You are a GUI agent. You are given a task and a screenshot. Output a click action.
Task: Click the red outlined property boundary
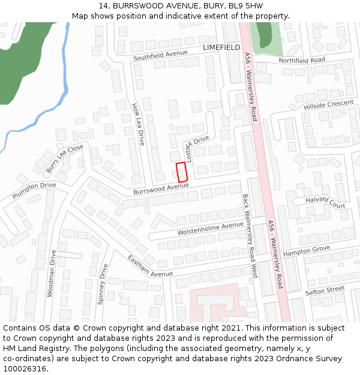[182, 172]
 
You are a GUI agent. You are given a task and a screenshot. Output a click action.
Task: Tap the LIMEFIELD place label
[221, 47]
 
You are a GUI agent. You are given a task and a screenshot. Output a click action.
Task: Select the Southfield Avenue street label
[160, 56]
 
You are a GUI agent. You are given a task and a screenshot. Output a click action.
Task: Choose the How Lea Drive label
[138, 124]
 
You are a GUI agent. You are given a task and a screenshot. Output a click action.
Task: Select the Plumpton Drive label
[34, 190]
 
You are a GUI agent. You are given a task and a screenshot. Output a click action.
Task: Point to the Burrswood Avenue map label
[161, 189]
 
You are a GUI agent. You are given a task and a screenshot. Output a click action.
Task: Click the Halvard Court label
[325, 202]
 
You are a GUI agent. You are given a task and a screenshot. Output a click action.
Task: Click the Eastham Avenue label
[149, 266]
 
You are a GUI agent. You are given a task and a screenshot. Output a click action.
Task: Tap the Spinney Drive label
[103, 283]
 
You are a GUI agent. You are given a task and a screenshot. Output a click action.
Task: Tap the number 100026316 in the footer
[25, 369]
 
